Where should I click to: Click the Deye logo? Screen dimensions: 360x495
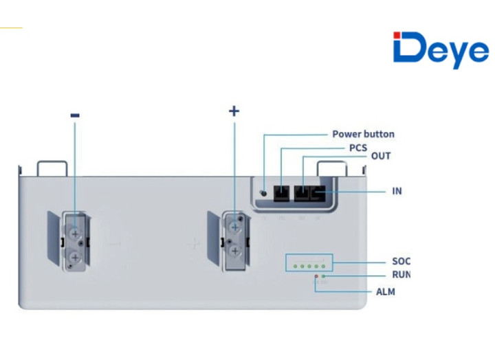[440, 49]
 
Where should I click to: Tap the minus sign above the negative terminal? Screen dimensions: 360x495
[75, 115]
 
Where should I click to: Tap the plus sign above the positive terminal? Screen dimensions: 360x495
[234, 111]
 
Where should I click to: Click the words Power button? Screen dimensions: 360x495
[363, 134]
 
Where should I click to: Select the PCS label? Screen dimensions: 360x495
[357, 148]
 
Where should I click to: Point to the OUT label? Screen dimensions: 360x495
[381, 156]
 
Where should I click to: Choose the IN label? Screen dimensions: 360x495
[396, 190]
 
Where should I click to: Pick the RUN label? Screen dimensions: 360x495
[401, 275]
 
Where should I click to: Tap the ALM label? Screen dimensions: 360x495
[385, 292]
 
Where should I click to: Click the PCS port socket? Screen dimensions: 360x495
[282, 193]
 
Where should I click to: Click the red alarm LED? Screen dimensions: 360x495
[316, 275]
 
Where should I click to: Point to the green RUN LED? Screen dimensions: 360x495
[323, 275]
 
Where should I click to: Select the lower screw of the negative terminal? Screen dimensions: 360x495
[75, 257]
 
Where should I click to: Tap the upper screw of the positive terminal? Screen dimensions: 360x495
[234, 226]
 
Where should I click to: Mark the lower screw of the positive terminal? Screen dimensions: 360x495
[234, 252]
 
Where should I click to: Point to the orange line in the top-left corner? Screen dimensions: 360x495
[11, 27]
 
